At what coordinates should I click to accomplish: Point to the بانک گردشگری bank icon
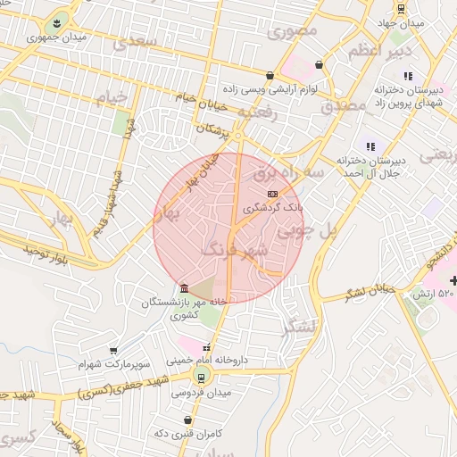click(x=272, y=194)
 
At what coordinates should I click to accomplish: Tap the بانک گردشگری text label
click(x=276, y=207)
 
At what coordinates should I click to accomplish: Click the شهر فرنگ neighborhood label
click(x=234, y=248)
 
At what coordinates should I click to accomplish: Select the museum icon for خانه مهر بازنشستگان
click(x=184, y=288)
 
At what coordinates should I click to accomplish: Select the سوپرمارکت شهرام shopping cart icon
click(x=113, y=351)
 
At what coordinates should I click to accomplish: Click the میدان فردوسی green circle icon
click(x=204, y=377)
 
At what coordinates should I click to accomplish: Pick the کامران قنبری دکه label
click(x=187, y=432)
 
